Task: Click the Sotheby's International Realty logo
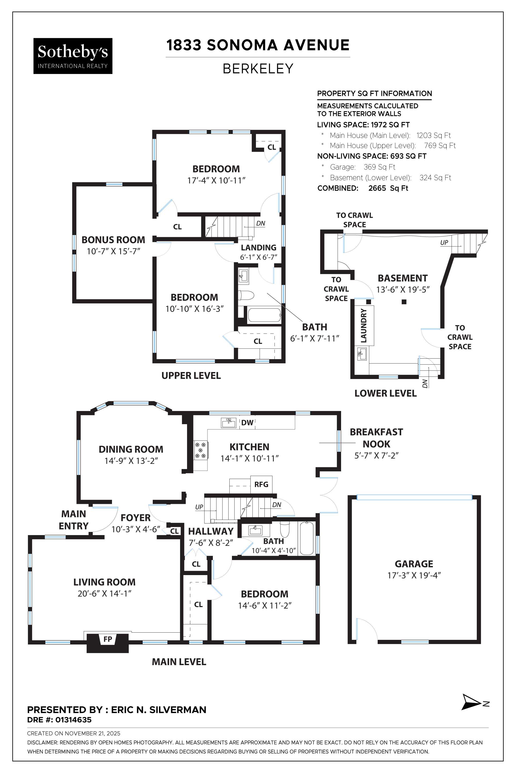73,56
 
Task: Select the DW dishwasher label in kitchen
247,423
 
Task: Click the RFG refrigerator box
261,485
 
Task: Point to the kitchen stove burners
200,450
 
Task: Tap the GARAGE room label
414,564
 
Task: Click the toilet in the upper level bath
246,295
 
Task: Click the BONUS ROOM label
113,240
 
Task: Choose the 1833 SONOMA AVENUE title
258,45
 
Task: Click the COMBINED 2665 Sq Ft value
388,188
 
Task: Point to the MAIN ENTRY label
74,520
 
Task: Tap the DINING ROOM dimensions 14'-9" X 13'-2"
131,461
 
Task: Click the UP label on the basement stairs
444,243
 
